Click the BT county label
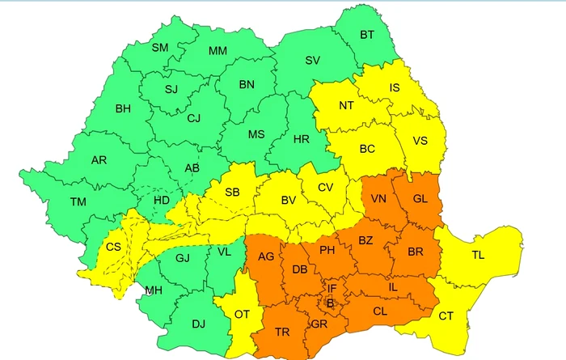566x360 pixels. pyautogui.click(x=366, y=35)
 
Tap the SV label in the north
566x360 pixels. pyautogui.click(x=312, y=61)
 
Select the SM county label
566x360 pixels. pyautogui.click(x=160, y=48)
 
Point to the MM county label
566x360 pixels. pyautogui.click(x=218, y=51)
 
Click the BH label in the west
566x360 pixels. pyautogui.click(x=123, y=108)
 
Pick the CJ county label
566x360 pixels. pyautogui.click(x=193, y=118)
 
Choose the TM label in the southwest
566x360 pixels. pyautogui.click(x=78, y=201)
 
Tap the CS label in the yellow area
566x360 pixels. pyautogui.click(x=113, y=246)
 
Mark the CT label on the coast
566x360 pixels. pyautogui.click(x=446, y=316)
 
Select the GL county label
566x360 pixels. pyautogui.click(x=420, y=199)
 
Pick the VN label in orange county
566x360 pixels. pyautogui.click(x=378, y=199)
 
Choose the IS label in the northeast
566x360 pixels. pyautogui.click(x=395, y=87)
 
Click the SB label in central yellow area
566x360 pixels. pyautogui.click(x=232, y=193)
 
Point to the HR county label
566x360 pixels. pyautogui.click(x=301, y=139)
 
